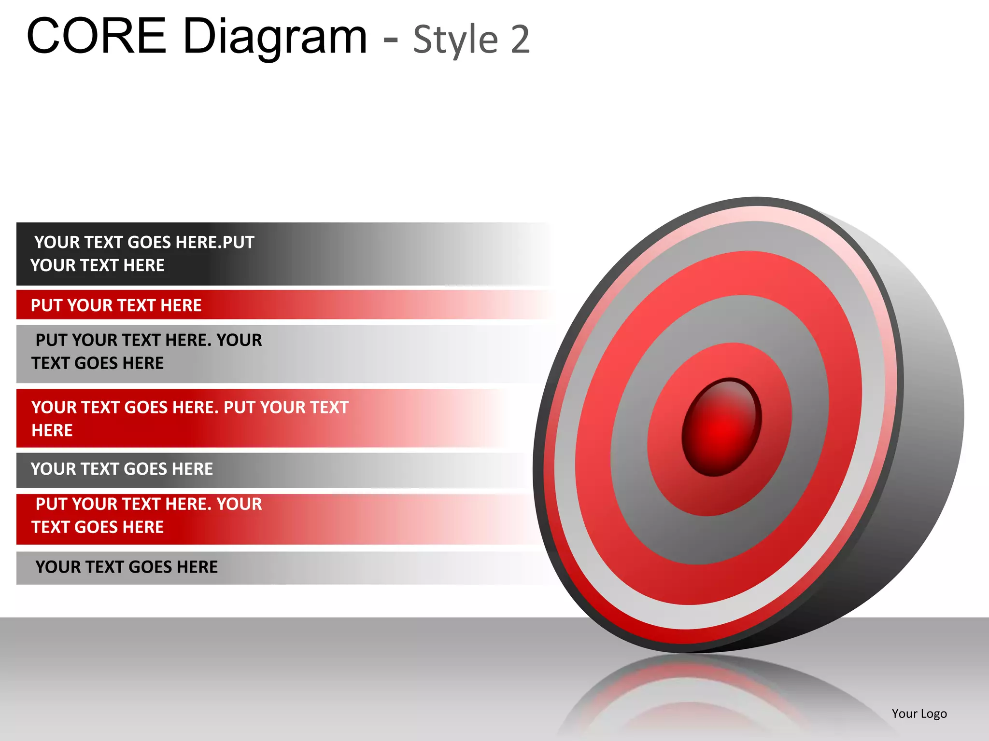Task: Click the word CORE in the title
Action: click(97, 36)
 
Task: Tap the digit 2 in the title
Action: click(520, 40)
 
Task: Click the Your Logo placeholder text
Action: click(919, 714)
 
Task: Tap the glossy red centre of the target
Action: click(721, 427)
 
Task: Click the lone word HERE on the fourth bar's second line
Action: click(52, 430)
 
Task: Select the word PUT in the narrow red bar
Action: click(47, 305)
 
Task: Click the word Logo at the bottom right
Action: click(934, 714)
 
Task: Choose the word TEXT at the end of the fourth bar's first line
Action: click(328, 408)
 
